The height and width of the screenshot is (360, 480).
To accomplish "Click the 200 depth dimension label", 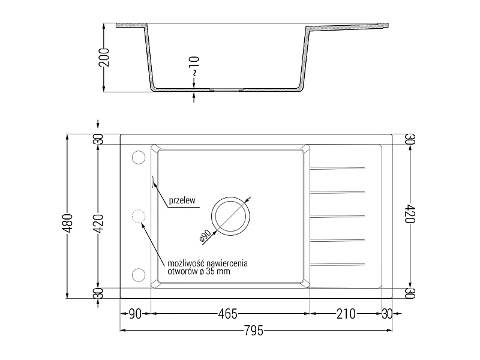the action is tap(104, 57).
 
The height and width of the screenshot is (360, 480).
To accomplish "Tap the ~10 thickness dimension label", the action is tap(194, 66).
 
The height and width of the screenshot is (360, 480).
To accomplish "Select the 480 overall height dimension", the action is tap(68, 223).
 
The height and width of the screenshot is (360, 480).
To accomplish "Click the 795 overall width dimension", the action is tap(254, 331).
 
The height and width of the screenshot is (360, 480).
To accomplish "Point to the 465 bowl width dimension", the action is tap(227, 314).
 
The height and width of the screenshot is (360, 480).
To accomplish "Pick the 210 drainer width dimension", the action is tap(346, 314).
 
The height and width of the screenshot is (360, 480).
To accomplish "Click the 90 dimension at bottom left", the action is tap(135, 314).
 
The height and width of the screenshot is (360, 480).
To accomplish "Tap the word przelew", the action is tap(182, 200).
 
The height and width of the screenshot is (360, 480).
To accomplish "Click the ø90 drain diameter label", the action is tap(205, 236).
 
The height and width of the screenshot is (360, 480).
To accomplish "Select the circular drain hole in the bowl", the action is tap(230, 197).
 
